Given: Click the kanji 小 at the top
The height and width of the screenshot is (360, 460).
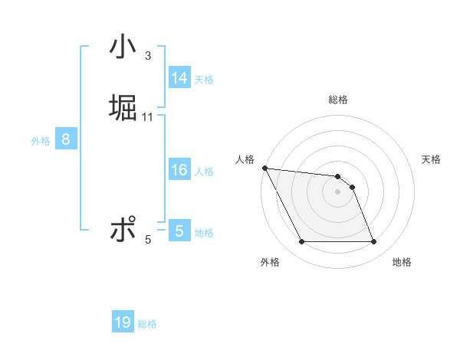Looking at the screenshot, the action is pyautogui.click(x=123, y=47).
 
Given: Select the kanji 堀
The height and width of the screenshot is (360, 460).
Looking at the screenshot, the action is pyautogui.click(x=123, y=108).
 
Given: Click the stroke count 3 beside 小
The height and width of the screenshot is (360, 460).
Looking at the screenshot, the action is pyautogui.click(x=147, y=56).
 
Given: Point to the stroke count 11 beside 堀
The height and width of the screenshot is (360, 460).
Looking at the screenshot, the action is pyautogui.click(x=148, y=116).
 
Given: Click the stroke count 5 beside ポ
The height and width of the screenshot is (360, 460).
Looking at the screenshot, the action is pyautogui.click(x=148, y=240).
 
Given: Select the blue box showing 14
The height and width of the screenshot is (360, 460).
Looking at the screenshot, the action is pyautogui.click(x=179, y=78).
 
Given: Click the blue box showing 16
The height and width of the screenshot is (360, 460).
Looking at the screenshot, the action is pyautogui.click(x=179, y=170).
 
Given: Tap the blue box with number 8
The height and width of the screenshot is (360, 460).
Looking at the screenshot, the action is pyautogui.click(x=66, y=139).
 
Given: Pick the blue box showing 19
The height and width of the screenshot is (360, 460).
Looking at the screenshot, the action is pyautogui.click(x=123, y=322).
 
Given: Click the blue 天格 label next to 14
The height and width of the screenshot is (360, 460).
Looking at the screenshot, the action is pyautogui.click(x=204, y=79).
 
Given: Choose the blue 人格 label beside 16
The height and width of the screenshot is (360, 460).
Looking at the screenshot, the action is pyautogui.click(x=204, y=172).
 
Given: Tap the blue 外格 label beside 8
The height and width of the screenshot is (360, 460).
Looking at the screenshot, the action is pyautogui.click(x=41, y=141).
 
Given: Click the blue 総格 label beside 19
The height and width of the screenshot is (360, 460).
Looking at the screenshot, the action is pyautogui.click(x=148, y=324).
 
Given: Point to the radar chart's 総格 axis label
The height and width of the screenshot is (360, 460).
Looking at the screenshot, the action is pyautogui.click(x=338, y=100).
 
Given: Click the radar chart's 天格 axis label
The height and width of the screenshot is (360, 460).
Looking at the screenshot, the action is pyautogui.click(x=432, y=159).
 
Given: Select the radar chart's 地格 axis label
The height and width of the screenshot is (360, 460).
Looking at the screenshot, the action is pyautogui.click(x=402, y=262).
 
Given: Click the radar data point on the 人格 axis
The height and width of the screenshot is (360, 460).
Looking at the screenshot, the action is pyautogui.click(x=264, y=168).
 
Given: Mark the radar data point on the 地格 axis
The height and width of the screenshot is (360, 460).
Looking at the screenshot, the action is pyautogui.click(x=373, y=242).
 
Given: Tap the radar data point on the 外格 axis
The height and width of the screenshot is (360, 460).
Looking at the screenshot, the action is pyautogui.click(x=301, y=242).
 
